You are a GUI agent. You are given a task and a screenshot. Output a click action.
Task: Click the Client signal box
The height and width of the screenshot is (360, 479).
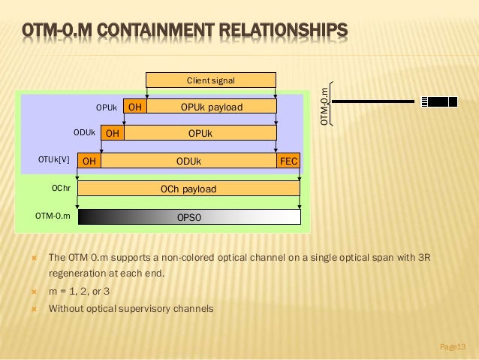211,80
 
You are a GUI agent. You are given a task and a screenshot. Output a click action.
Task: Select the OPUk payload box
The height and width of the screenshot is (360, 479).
212,107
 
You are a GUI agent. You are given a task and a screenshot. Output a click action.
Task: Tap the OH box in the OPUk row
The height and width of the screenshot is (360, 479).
135,107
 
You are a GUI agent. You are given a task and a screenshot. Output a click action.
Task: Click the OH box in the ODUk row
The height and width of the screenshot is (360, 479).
113,134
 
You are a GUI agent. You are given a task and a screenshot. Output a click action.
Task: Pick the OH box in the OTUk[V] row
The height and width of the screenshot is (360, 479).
89,161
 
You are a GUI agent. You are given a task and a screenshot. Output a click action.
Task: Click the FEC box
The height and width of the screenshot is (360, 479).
289,161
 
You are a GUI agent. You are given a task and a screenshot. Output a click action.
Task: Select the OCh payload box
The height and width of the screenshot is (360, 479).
188,189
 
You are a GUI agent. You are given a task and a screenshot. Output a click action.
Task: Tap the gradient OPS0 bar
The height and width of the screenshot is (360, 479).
188,216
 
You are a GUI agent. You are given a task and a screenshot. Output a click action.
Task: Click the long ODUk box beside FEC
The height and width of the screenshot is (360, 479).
188,161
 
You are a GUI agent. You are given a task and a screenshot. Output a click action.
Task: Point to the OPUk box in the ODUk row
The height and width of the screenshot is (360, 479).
200,134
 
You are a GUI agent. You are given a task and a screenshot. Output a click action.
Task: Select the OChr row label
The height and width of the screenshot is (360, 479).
61,189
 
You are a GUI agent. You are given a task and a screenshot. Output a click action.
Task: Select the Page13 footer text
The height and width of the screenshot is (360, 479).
453,346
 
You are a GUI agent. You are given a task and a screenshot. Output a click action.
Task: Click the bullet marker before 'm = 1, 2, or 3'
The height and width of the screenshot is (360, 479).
34,291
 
